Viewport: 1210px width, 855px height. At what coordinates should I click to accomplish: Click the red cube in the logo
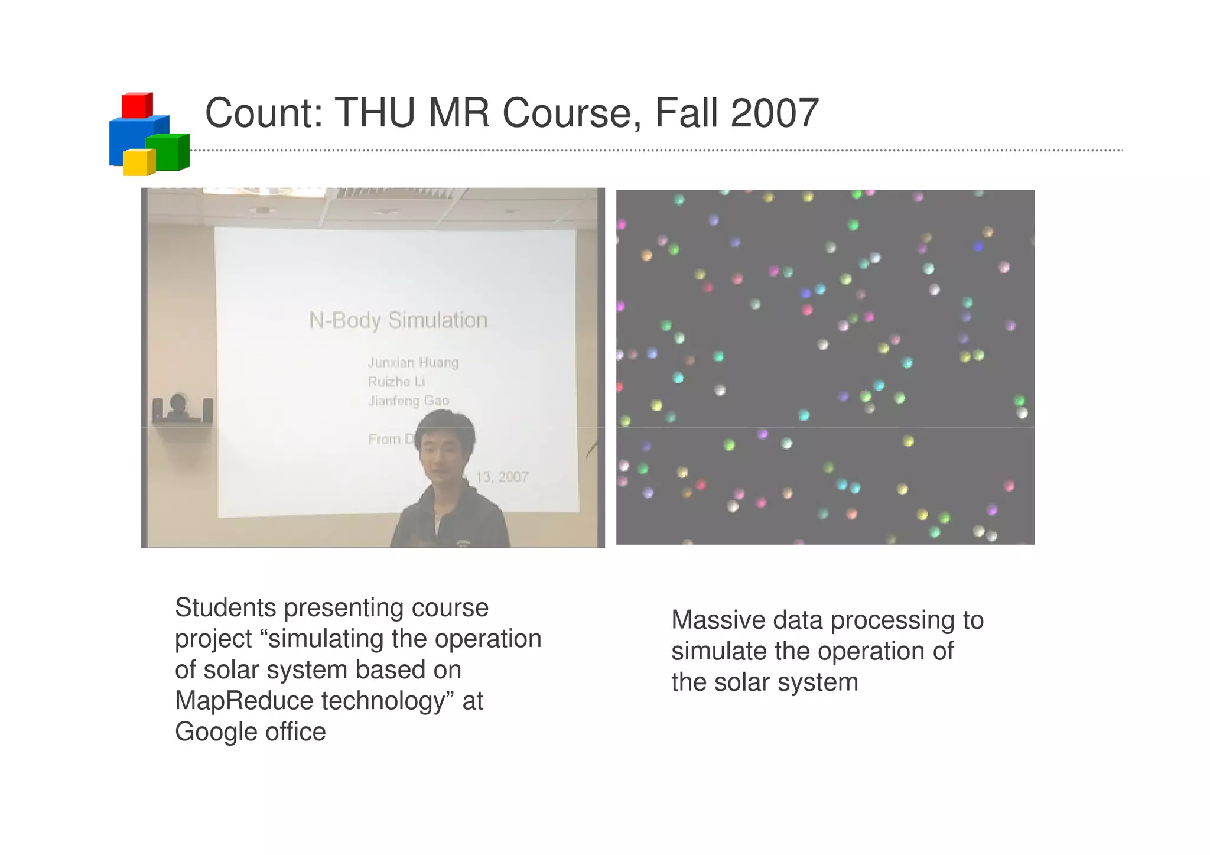[136, 105]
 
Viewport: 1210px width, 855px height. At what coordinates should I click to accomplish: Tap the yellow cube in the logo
[139, 162]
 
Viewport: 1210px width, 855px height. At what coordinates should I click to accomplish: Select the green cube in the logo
[167, 152]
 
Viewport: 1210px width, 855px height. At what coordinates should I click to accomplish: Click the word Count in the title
[263, 113]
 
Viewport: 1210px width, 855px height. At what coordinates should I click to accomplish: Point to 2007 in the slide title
[775, 113]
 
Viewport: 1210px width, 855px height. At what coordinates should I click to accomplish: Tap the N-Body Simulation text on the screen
[398, 321]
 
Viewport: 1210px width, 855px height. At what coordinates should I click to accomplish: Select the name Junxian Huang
[413, 362]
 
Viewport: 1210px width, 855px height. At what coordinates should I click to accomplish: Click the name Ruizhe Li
[396, 382]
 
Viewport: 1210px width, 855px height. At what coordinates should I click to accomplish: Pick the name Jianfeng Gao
[408, 401]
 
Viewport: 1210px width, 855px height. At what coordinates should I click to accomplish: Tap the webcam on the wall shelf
[178, 406]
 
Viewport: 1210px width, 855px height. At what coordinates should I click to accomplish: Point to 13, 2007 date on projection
[502, 477]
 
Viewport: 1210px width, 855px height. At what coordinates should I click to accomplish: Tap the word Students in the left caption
[226, 608]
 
